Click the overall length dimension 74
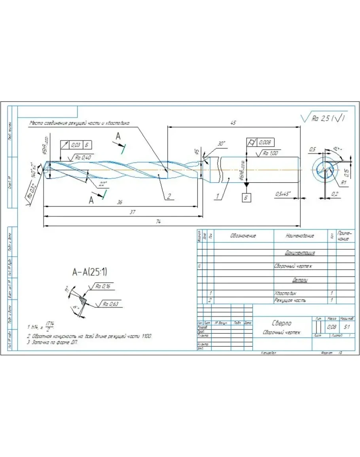pos(159,222)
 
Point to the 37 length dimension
pos(133,212)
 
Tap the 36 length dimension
pos(120,202)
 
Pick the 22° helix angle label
pos(103,184)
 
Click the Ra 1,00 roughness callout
pos(271,153)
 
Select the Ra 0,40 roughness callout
pos(83,158)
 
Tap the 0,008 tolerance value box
pos(265,142)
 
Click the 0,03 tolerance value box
pos(75,145)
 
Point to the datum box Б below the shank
pos(246,197)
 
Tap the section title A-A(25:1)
pos(89,272)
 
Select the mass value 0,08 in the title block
pos(331,327)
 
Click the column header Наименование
pos(300,236)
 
